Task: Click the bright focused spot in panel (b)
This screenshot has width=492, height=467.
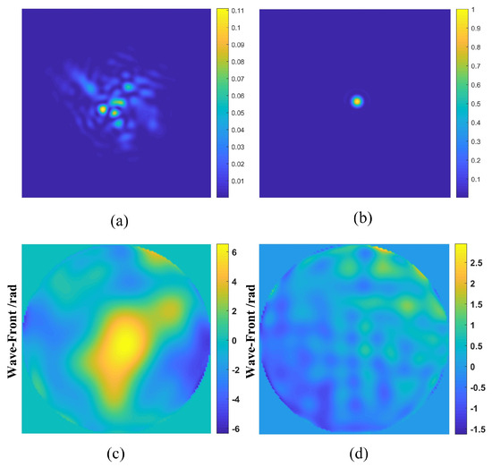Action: tap(358, 101)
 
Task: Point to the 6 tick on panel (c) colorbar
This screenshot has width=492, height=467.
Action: tap(233, 253)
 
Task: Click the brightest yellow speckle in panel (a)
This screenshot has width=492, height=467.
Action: tap(103, 108)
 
